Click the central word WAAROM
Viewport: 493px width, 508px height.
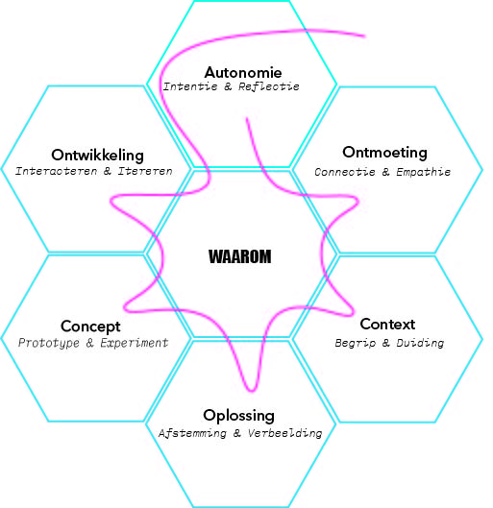pyautogui.click(x=240, y=256)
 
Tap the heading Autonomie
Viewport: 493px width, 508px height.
pyautogui.click(x=243, y=72)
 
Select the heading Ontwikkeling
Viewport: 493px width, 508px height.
pyautogui.click(x=98, y=155)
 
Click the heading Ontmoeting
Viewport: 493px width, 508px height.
pyautogui.click(x=384, y=153)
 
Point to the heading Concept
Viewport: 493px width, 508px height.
pyautogui.click(x=90, y=327)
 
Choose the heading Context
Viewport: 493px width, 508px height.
pyautogui.click(x=387, y=324)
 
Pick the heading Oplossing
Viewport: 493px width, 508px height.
pyautogui.click(x=239, y=416)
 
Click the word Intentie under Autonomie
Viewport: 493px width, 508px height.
pyautogui.click(x=190, y=86)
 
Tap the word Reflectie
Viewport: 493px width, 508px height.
pyautogui.click(x=269, y=86)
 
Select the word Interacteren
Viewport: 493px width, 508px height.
pyautogui.click(x=57, y=171)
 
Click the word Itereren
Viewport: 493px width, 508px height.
pyautogui.click(x=145, y=171)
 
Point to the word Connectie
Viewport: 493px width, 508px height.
pyautogui.click(x=345, y=172)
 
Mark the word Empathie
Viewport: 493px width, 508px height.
pyautogui.click(x=423, y=172)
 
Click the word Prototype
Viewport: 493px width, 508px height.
pyautogui.click(x=49, y=343)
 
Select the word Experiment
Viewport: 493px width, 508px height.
pyautogui.click(x=135, y=343)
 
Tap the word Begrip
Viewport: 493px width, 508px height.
pyautogui.click(x=356, y=343)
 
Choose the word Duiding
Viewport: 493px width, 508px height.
pyautogui.click(x=420, y=343)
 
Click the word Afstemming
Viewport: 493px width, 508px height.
pyautogui.click(x=192, y=433)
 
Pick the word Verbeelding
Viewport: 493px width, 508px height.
pyautogui.click(x=284, y=433)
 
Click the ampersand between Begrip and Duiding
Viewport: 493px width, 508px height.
pyautogui.click(x=385, y=343)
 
